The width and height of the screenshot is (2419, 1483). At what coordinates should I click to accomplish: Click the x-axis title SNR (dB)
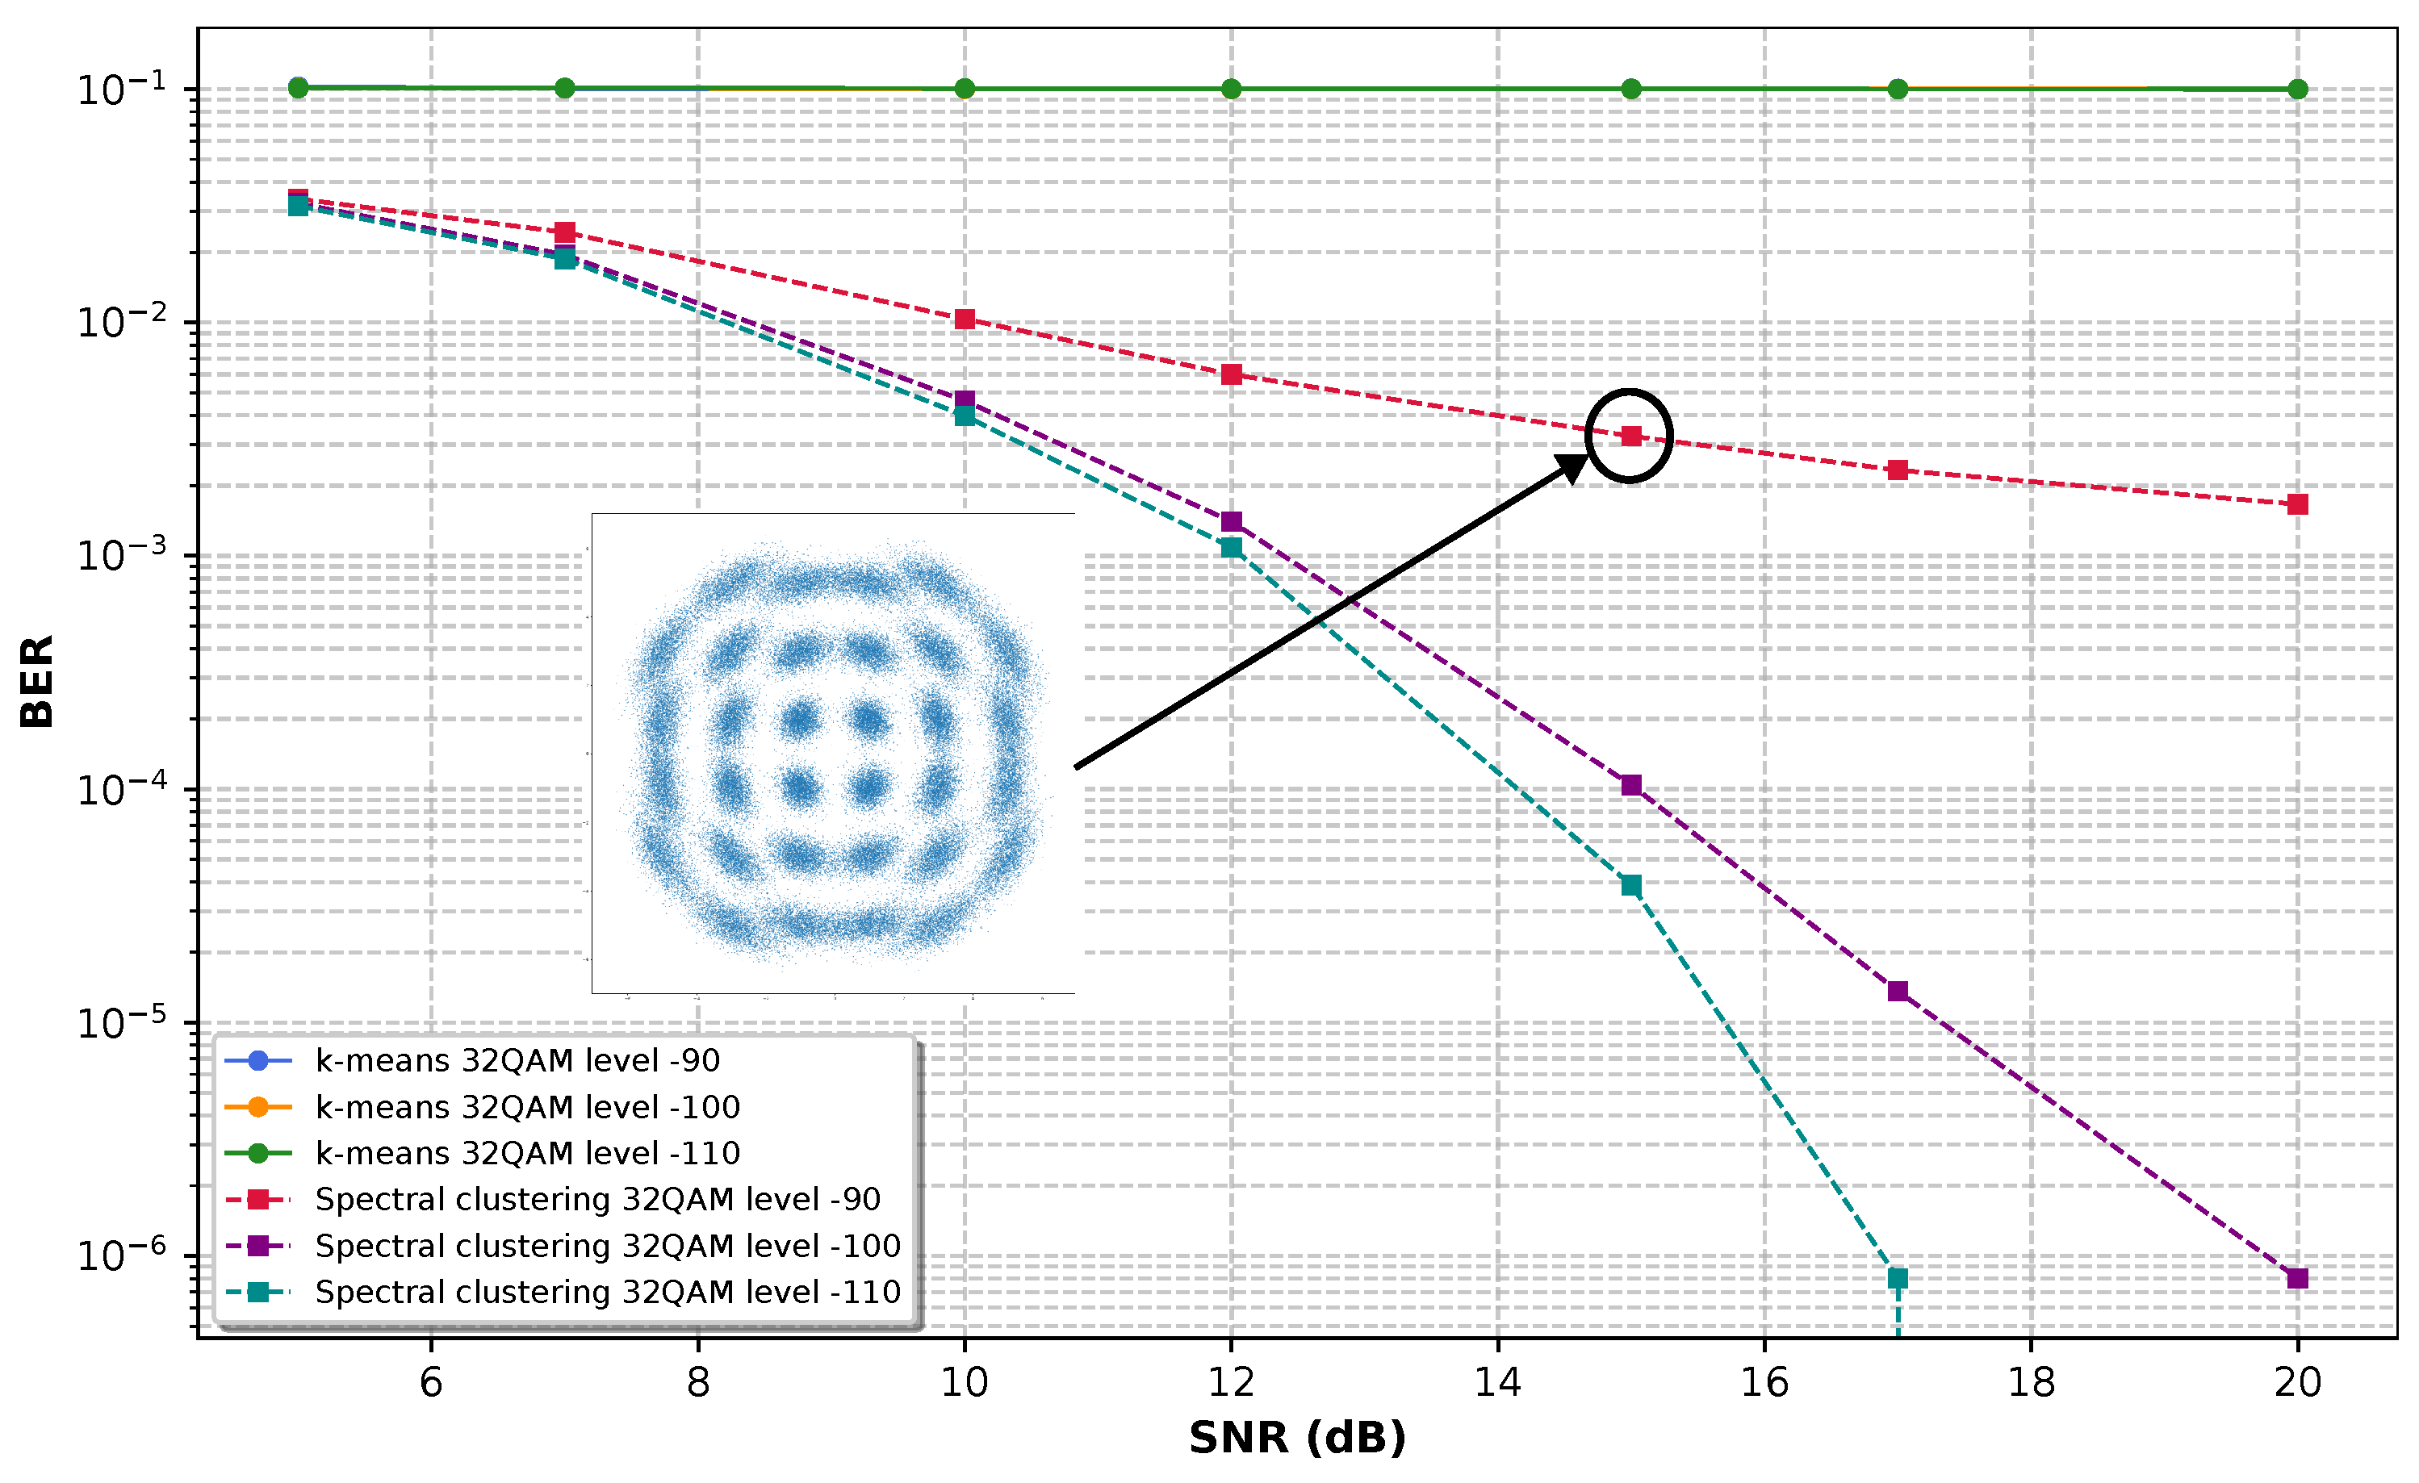point(1297,1438)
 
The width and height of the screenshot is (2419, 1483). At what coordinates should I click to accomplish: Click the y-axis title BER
point(37,681)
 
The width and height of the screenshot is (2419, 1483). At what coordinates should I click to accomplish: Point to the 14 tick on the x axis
point(1497,1382)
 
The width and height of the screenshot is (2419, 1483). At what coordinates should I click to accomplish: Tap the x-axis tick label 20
point(2297,1382)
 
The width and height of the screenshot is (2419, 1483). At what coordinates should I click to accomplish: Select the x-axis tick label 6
point(431,1382)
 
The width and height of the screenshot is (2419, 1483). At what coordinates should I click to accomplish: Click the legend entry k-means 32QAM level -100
point(527,1107)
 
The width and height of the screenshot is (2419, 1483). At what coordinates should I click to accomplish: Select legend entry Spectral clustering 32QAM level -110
point(608,1292)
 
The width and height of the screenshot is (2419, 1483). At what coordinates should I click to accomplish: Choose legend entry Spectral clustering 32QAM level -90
point(597,1199)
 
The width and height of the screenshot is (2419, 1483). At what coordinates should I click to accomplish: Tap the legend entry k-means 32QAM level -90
point(517,1061)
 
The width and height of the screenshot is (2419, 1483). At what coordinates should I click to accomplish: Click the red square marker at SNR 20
point(2297,504)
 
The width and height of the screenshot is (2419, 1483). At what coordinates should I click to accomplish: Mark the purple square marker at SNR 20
point(2297,1278)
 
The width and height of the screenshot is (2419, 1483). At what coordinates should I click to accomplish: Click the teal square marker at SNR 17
point(1898,1278)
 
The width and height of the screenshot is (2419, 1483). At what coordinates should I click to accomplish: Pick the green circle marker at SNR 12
point(1231,90)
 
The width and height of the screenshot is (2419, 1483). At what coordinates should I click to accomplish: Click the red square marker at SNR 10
point(965,319)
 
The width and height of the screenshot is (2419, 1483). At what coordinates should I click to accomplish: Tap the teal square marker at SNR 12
point(1231,548)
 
